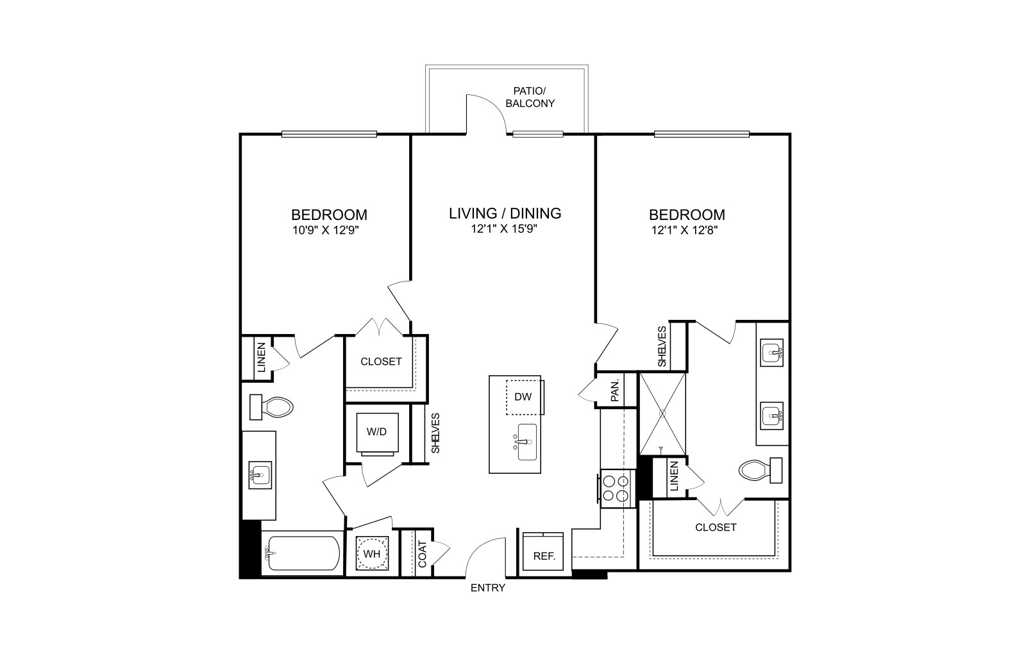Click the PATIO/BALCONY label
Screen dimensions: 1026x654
click(530, 97)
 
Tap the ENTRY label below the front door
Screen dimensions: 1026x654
click(488, 587)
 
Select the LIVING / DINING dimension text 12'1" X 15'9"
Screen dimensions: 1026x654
click(504, 228)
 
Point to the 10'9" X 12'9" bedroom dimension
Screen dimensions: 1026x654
click(325, 230)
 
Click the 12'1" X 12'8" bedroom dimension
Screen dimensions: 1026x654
click(684, 230)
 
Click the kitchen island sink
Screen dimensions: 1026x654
click(526, 442)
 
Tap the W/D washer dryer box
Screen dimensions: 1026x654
click(377, 432)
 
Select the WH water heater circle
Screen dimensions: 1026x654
click(372, 553)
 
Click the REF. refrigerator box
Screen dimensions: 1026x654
click(543, 551)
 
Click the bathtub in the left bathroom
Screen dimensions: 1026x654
click(302, 553)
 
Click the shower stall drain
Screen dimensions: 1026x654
click(662, 414)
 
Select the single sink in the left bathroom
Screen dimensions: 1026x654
click(260, 475)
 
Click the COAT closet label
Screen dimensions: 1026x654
click(423, 554)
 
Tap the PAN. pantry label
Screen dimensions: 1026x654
click(615, 390)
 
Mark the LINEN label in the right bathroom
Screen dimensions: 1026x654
click(674, 476)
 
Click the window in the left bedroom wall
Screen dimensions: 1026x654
click(329, 134)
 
